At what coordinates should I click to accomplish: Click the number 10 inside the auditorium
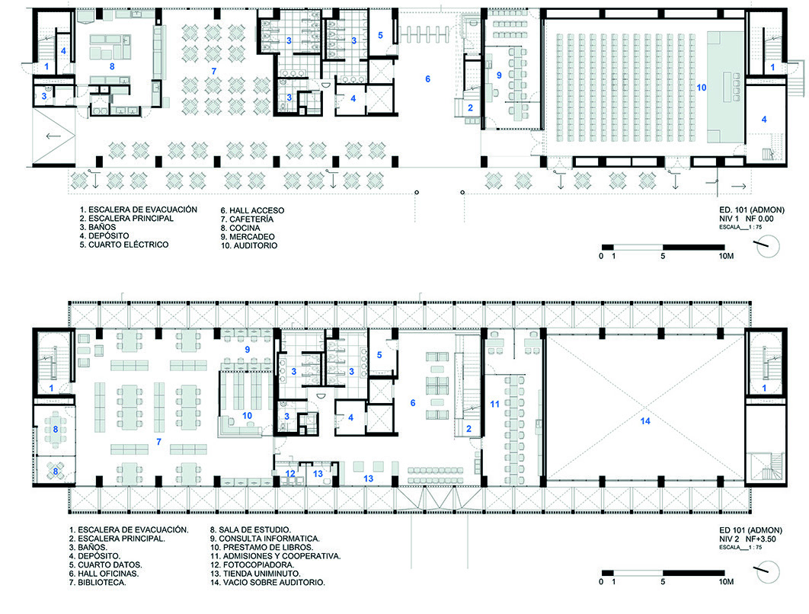(x=701, y=88)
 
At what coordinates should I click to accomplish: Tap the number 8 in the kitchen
(x=112, y=66)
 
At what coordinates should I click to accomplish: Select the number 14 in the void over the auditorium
(x=645, y=421)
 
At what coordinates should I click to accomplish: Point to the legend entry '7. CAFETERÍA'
(x=247, y=219)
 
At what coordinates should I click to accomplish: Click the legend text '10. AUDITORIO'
(x=249, y=245)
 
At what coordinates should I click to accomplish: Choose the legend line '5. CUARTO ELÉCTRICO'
(x=124, y=245)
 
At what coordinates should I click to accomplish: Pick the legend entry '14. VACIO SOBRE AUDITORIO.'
(x=267, y=583)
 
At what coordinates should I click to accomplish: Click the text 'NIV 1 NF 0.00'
(x=746, y=219)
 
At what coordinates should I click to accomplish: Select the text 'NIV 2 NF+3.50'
(x=747, y=539)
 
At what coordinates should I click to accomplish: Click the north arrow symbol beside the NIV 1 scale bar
(x=768, y=246)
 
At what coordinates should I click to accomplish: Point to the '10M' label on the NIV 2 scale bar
(x=726, y=581)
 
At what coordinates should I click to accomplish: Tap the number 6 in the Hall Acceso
(x=427, y=79)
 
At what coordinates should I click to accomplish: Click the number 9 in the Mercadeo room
(x=499, y=75)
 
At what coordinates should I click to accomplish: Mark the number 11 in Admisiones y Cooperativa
(x=495, y=404)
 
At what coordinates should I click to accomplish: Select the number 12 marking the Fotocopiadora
(x=290, y=474)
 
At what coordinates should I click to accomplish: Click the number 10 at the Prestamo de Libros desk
(x=247, y=416)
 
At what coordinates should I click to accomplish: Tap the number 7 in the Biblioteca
(x=159, y=442)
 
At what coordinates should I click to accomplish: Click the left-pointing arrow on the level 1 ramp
(x=53, y=136)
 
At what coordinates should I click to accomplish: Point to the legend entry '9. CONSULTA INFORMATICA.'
(x=264, y=539)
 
